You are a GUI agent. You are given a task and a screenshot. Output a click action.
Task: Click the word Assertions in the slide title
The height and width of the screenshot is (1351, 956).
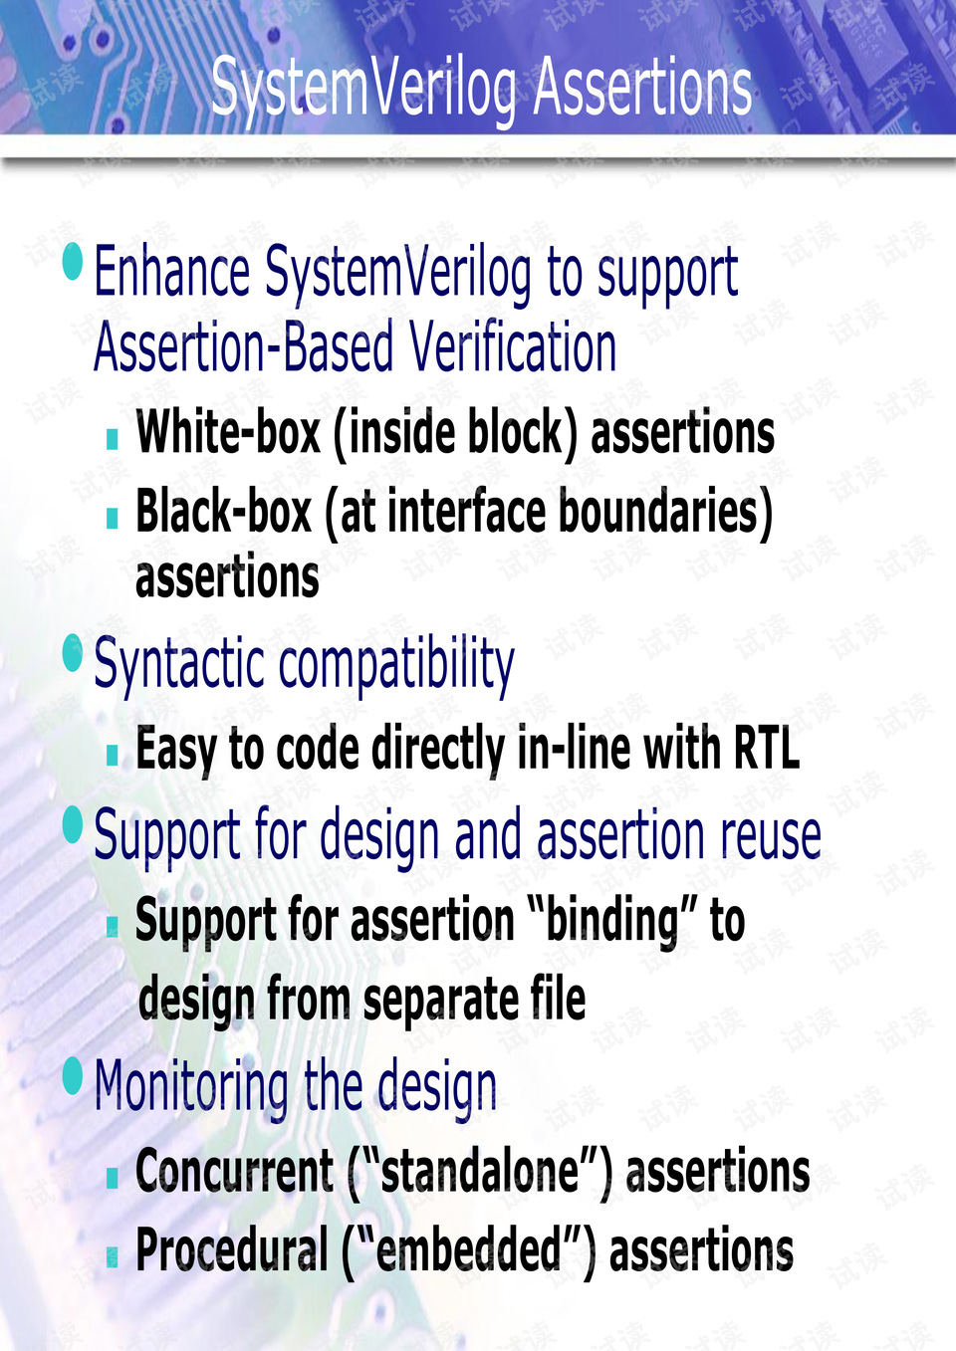[642, 87]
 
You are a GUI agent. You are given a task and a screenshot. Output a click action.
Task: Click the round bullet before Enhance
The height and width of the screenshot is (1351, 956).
[73, 261]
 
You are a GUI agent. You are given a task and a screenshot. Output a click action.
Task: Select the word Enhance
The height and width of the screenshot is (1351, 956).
[172, 272]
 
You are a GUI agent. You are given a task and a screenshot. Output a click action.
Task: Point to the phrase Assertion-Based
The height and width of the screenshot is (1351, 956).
[243, 347]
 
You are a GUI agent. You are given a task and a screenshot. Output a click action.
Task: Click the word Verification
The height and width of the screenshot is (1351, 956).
[513, 347]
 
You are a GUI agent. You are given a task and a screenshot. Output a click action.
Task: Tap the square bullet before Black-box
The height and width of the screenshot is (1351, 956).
[113, 518]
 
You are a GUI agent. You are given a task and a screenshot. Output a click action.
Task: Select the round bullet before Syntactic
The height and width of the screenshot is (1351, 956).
[73, 653]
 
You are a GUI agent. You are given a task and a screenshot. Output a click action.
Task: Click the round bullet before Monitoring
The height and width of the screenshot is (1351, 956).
[73, 1076]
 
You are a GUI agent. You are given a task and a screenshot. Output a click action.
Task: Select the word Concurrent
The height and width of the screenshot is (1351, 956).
[235, 1171]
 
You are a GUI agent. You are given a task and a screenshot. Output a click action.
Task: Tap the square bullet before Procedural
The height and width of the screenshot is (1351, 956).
[113, 1257]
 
